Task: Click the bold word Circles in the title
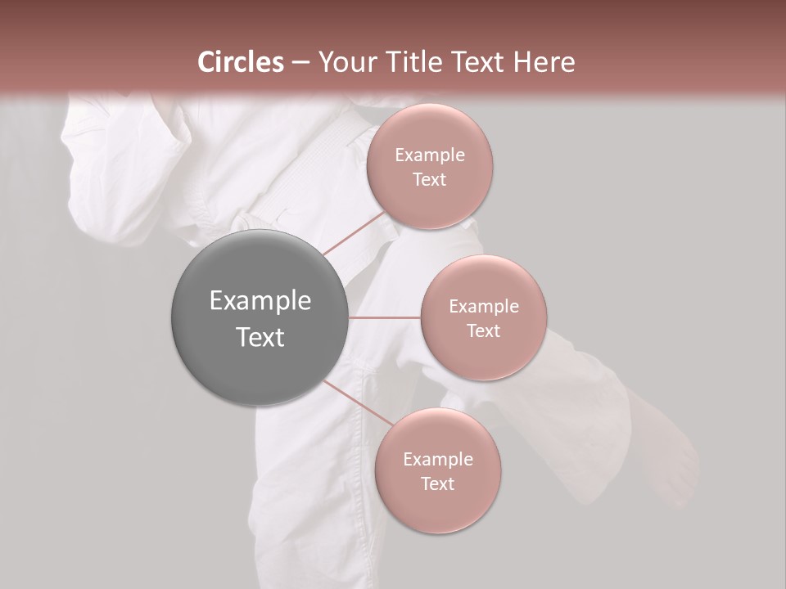[241, 62]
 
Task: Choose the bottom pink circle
[437, 507]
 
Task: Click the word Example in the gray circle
[260, 301]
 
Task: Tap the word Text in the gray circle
[260, 337]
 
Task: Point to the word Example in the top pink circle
[430, 155]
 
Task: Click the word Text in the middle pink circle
[483, 330]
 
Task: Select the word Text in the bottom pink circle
[437, 483]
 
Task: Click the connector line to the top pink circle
[354, 234]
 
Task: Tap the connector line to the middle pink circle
[384, 317]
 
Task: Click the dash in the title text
[300, 62]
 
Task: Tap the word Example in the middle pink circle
[483, 307]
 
